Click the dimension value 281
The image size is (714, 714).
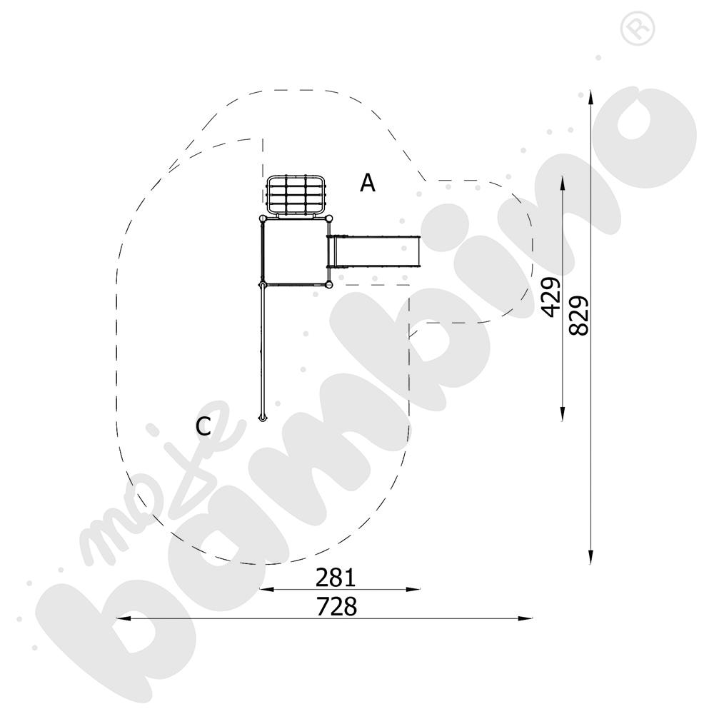pyautogui.click(x=336, y=578)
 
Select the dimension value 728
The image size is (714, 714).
pyautogui.click(x=336, y=606)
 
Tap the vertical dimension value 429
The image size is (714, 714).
pyautogui.click(x=550, y=296)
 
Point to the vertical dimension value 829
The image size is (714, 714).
pyautogui.click(x=579, y=316)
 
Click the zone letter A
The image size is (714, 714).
pyautogui.click(x=368, y=183)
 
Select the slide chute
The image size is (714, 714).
pyautogui.click(x=374, y=251)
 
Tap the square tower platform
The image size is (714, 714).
pyautogui.click(x=296, y=252)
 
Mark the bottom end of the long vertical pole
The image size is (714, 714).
pyautogui.click(x=262, y=418)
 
